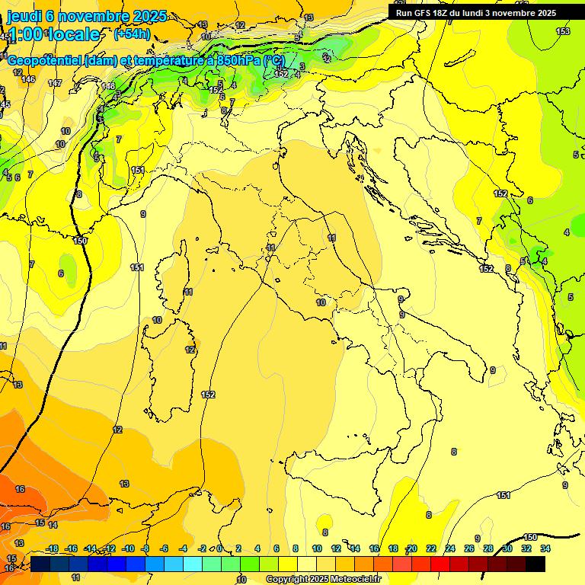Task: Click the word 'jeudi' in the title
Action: (24, 15)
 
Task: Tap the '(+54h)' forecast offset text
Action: (132, 34)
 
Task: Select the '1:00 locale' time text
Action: (53, 34)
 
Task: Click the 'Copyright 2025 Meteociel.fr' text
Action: (323, 580)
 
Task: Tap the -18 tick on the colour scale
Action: (52, 548)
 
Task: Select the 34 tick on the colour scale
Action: (545, 548)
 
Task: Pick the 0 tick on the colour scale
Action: (219, 548)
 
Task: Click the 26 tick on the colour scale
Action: (468, 548)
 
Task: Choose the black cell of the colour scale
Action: (535, 564)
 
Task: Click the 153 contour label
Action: (563, 31)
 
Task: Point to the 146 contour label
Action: (28, 79)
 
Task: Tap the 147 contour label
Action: (55, 83)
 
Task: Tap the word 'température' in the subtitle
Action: (161, 61)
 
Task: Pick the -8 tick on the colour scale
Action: (145, 548)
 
